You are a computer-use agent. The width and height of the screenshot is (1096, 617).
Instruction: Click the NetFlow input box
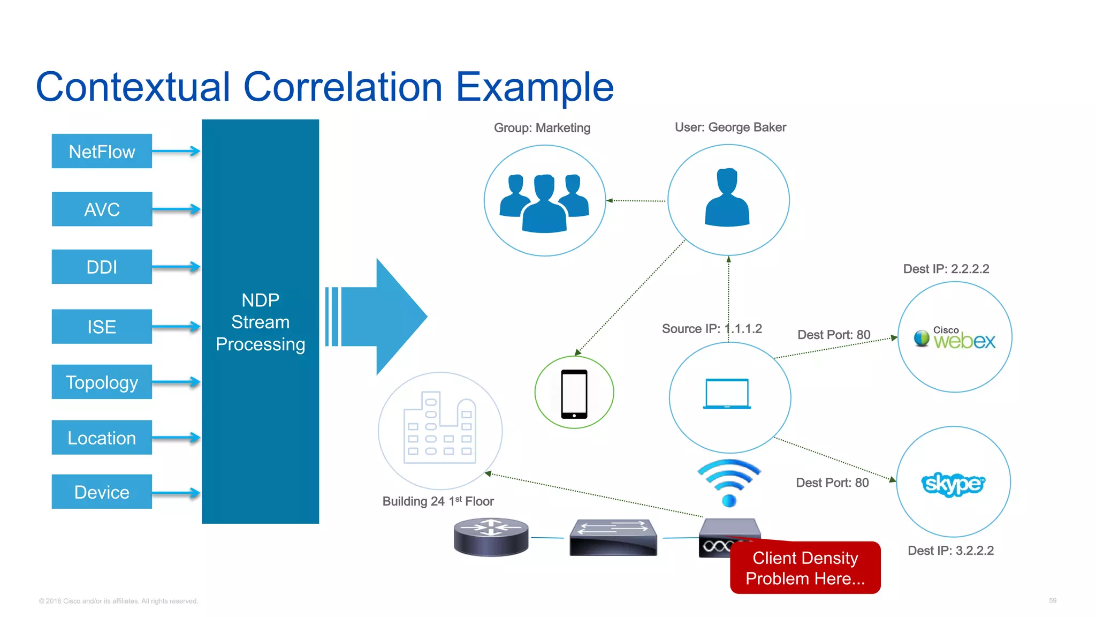pos(102,152)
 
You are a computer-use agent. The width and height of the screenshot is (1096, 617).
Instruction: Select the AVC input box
pos(102,209)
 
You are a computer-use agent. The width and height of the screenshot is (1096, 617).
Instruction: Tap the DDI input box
pos(102,267)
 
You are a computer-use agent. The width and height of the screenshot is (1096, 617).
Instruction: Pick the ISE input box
pos(102,327)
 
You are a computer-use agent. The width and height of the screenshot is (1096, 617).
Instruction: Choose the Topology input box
pos(102,382)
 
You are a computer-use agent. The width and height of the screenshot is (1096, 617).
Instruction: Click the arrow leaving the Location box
pos(176,438)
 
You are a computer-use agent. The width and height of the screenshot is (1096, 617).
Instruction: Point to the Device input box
pos(102,492)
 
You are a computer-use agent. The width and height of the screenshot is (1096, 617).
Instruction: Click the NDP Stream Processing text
pos(260,322)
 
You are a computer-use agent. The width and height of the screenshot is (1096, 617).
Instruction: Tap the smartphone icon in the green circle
pos(574,394)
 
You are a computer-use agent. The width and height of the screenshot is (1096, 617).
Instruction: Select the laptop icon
pos(727,394)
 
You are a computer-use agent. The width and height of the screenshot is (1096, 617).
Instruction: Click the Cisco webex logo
pos(955,338)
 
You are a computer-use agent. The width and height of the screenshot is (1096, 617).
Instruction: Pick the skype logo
pos(953,484)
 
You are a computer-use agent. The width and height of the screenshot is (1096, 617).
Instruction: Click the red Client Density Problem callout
pos(805,568)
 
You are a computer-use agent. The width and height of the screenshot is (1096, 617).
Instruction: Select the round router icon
pos(491,537)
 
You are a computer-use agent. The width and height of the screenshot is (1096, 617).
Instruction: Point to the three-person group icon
pos(544,202)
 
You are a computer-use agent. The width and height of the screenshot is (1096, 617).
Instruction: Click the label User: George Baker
pos(730,127)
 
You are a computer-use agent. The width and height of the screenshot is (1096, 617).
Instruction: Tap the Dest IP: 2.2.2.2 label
pos(946,269)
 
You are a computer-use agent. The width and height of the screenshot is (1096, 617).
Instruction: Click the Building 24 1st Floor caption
pos(438,501)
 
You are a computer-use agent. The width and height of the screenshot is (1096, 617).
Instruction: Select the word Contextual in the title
pos(133,87)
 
